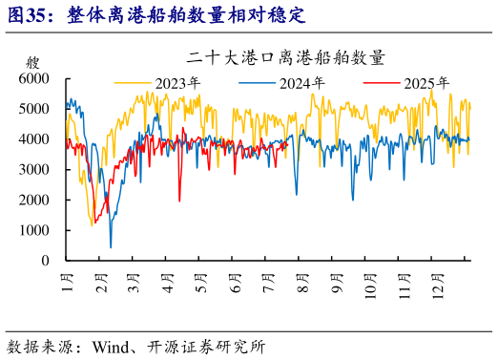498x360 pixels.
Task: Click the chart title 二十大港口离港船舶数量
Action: [286, 58]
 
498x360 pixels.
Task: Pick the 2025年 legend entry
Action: [426, 82]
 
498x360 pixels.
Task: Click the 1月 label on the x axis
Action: [69, 284]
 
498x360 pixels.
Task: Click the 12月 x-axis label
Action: [436, 286]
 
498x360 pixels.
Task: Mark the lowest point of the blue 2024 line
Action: [111, 247]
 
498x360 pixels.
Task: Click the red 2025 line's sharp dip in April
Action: [179, 200]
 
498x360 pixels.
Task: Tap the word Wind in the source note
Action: [110, 346]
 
